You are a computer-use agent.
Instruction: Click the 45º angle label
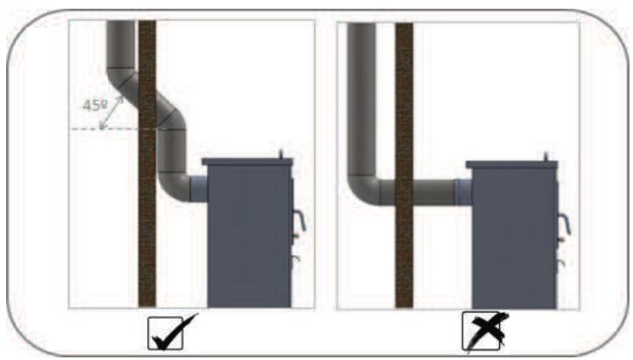coord(95,106)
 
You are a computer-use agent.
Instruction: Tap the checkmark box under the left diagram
coord(165,334)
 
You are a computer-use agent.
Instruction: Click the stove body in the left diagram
coord(249,236)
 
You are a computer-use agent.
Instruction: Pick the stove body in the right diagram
coord(514,239)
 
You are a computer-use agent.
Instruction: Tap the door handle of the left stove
coord(301,221)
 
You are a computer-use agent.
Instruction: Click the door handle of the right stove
coord(565,225)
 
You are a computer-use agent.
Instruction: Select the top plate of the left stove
coord(247,162)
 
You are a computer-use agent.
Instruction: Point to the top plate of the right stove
coord(511,164)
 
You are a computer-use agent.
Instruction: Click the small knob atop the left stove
coord(282,154)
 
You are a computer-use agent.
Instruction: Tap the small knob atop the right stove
coord(546,156)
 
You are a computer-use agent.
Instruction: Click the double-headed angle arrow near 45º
coord(112,113)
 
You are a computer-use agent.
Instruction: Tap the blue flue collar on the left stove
coord(198,189)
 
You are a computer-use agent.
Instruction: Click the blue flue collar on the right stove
coord(463,192)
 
